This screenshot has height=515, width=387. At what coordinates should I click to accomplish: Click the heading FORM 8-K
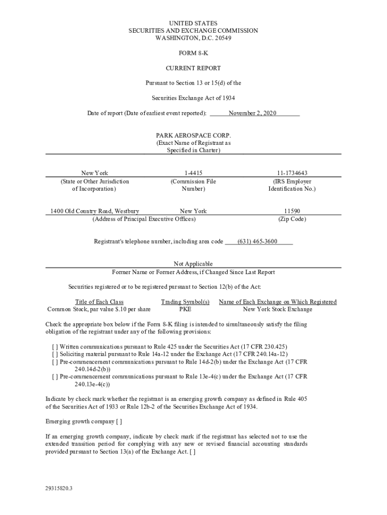click(x=193, y=53)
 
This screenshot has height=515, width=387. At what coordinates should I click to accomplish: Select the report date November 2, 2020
click(x=252, y=113)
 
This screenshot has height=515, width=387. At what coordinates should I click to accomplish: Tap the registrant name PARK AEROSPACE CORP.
click(x=193, y=136)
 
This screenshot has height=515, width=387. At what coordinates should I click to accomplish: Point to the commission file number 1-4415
click(x=193, y=173)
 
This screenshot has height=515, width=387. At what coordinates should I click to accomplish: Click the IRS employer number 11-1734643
click(x=292, y=173)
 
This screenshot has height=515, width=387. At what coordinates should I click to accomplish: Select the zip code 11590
click(x=292, y=211)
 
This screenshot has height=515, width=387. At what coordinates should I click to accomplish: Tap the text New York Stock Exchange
click(x=277, y=309)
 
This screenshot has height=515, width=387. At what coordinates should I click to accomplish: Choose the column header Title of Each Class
click(x=99, y=302)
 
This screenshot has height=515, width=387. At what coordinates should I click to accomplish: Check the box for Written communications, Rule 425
click(x=55, y=347)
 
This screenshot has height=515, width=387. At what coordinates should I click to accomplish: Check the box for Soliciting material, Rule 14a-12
click(x=55, y=355)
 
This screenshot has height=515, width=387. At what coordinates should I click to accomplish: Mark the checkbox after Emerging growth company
click(x=119, y=421)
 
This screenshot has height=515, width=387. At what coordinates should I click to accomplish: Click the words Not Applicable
click(x=193, y=264)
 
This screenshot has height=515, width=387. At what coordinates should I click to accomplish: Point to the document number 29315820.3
click(x=59, y=488)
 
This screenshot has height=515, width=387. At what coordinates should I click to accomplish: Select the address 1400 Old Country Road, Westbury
click(x=94, y=211)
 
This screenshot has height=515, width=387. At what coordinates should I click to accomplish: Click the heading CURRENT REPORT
click(x=193, y=68)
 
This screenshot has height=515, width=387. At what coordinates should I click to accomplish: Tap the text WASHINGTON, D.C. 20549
click(x=193, y=38)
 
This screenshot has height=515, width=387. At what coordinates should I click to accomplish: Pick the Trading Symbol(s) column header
click(x=185, y=302)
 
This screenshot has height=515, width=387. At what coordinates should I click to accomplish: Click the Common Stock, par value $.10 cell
click(x=99, y=309)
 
